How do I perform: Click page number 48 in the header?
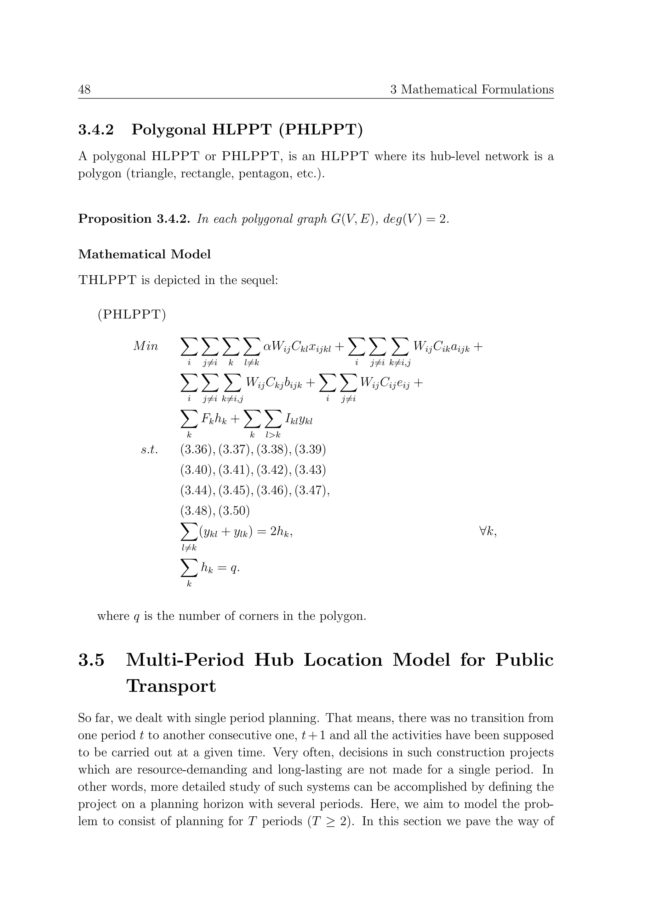click(x=84, y=89)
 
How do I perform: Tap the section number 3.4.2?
click(x=96, y=130)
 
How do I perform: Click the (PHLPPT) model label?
click(x=132, y=315)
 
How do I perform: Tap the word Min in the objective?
click(x=146, y=346)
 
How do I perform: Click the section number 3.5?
click(x=91, y=660)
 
